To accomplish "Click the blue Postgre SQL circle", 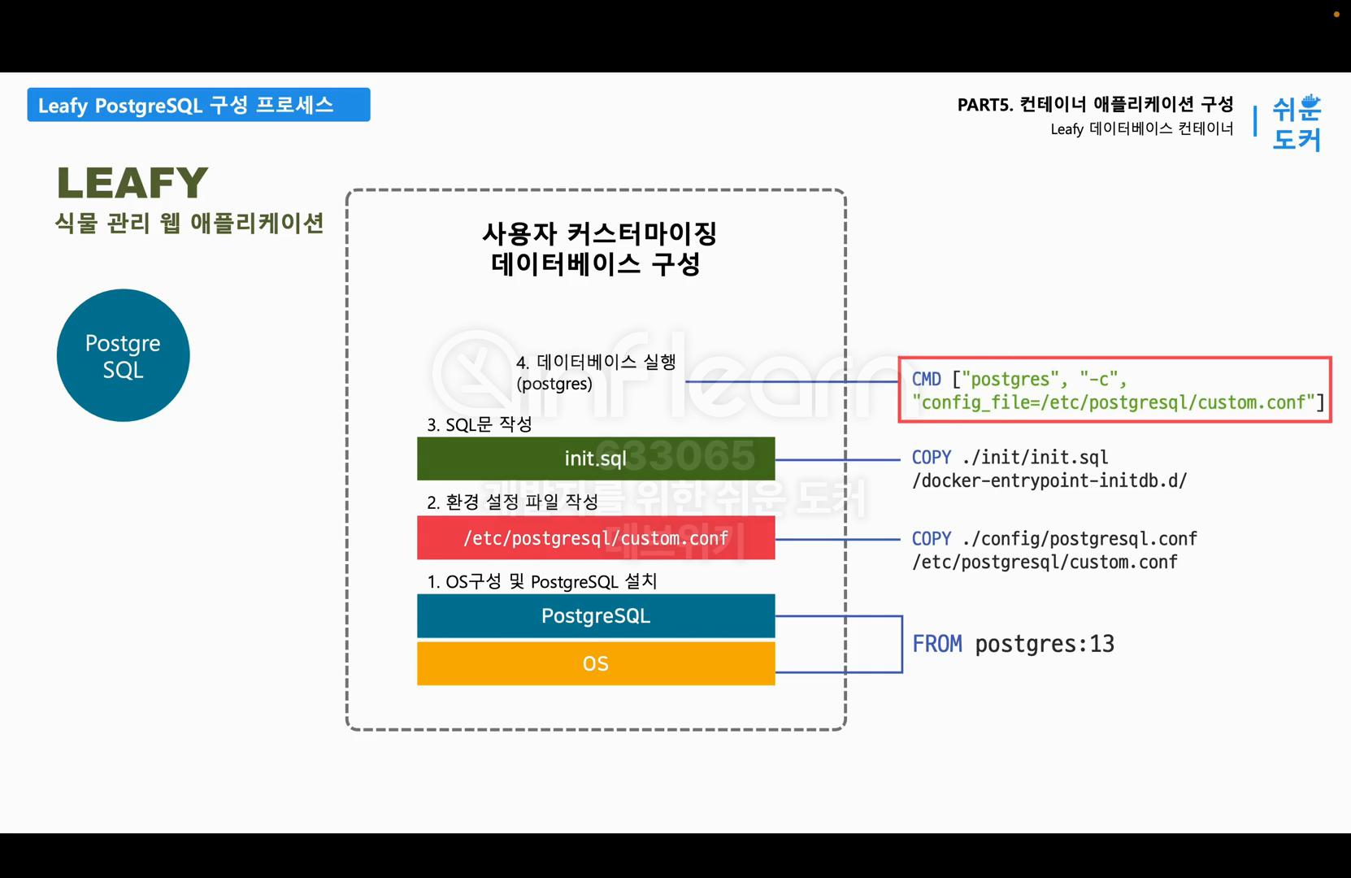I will (x=123, y=355).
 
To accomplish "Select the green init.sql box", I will (x=595, y=459).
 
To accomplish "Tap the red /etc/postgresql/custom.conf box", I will (x=595, y=538).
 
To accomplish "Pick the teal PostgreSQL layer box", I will (x=595, y=616).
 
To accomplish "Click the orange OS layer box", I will (x=595, y=663).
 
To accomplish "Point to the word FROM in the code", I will (x=936, y=644).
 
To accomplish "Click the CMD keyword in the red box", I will (x=926, y=380).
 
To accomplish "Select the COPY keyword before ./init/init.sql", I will (x=931, y=458).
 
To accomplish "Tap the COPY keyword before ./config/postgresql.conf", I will (x=931, y=539).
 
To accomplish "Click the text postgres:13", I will (x=1045, y=644).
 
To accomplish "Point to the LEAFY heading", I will (x=132, y=183).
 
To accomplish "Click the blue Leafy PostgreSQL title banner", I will (x=198, y=105).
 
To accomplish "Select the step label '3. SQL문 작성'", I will (x=479, y=424).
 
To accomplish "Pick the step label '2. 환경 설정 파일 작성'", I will (x=512, y=502).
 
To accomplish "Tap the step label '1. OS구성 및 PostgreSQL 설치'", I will (x=541, y=581).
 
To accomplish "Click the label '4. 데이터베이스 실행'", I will (x=596, y=363).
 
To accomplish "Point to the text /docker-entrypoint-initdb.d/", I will (x=1049, y=480).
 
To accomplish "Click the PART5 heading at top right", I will (x=1095, y=104).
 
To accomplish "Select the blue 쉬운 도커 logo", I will (x=1297, y=123).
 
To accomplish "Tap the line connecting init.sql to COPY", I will (x=837, y=460).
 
